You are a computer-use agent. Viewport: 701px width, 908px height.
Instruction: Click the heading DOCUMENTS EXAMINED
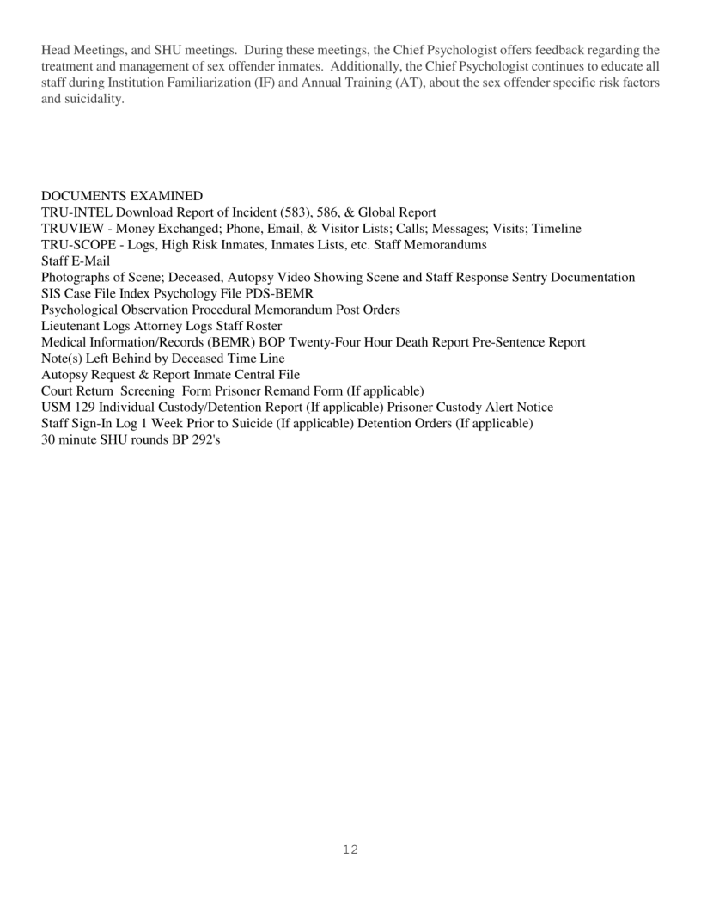tap(122, 196)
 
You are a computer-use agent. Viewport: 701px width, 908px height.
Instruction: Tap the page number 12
tap(350, 850)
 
